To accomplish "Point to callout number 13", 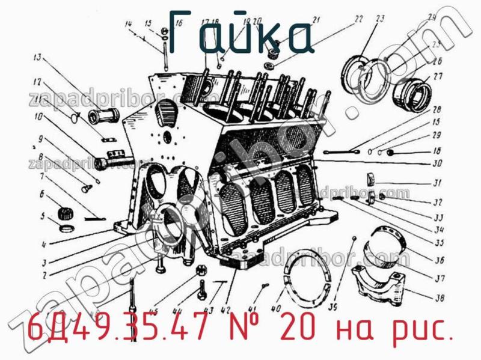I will coord(37,58).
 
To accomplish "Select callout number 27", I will coord(437,76).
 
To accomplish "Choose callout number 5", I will coord(42,216).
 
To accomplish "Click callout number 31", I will coord(438,183).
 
